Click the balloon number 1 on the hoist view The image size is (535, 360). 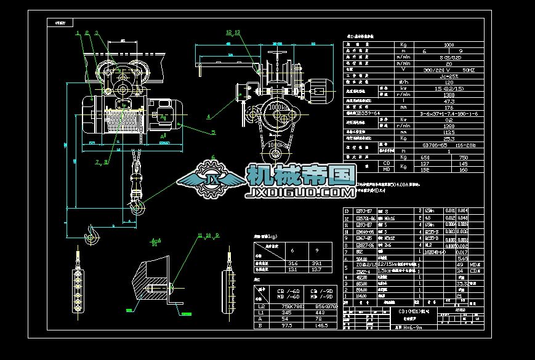(78, 33)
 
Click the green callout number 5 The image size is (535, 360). (214, 132)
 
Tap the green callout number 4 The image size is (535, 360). (208, 115)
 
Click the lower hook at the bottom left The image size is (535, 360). (92, 234)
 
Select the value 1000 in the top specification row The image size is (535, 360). (449, 45)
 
